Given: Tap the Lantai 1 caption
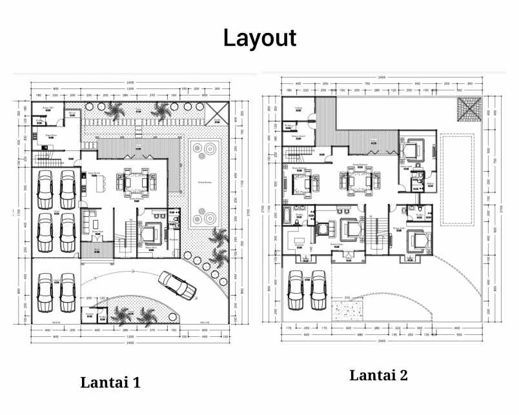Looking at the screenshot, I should (110, 381).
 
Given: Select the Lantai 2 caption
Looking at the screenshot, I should (378, 376).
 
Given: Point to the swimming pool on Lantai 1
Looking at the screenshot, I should (205, 183).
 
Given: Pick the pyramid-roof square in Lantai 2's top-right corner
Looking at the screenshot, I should (467, 108).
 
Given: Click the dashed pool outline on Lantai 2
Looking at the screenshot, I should (456, 179).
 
